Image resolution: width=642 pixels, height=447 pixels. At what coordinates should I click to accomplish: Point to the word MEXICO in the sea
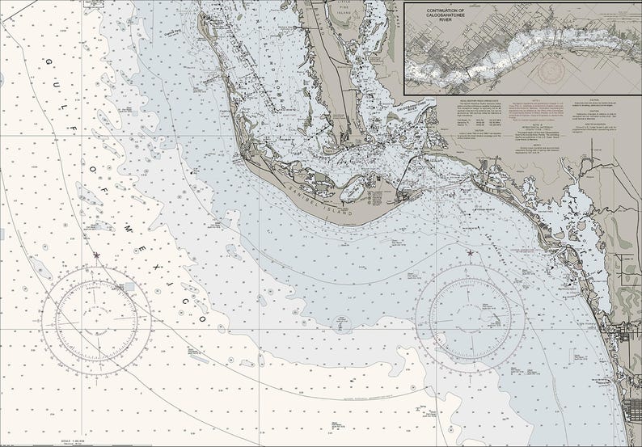point(162,267)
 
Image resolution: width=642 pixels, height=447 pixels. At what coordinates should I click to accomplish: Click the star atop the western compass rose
point(97,255)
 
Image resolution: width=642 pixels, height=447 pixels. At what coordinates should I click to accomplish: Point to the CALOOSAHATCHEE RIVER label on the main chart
point(412,105)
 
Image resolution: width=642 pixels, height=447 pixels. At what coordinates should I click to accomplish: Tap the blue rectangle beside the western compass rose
point(130,286)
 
